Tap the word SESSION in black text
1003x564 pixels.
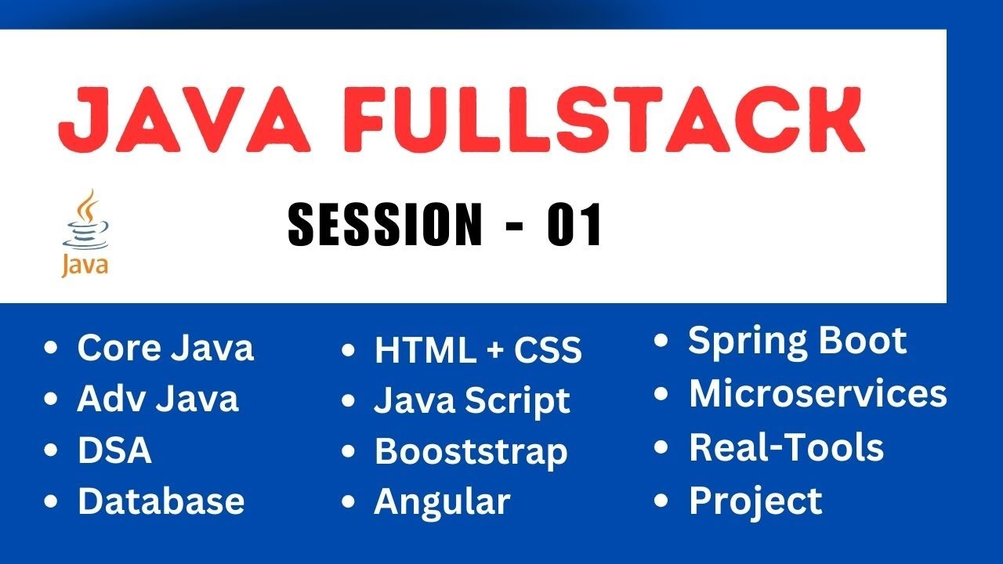385,225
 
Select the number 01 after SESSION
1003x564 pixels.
574,225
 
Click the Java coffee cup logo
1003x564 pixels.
85,233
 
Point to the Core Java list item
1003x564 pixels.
165,348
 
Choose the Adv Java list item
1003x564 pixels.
158,399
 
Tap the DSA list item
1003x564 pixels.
114,450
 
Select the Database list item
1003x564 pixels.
161,501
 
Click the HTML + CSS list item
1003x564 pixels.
478,350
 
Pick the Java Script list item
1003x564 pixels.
472,401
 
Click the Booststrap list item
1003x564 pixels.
471,452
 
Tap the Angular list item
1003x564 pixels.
442,501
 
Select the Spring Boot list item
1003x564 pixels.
797,341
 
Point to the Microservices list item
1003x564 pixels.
817,394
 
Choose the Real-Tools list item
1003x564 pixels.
786,447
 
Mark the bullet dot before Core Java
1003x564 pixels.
52,348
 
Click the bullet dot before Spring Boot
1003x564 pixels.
662,341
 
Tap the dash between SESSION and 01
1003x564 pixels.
514,226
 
